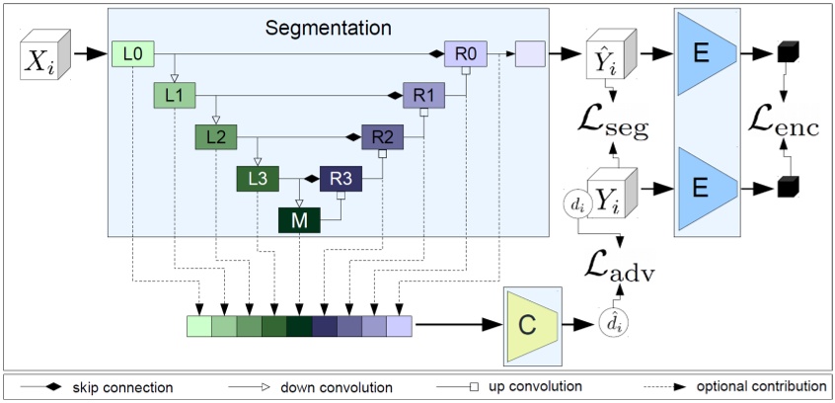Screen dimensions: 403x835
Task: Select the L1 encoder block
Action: point(174,96)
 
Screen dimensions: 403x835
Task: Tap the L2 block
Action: point(215,137)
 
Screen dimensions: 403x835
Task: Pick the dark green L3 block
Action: point(257,179)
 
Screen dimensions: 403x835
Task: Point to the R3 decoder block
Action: point(341,179)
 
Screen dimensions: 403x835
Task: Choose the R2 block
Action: point(382,137)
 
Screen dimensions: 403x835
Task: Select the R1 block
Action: point(423,96)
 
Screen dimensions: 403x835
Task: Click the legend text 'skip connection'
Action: point(116,386)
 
